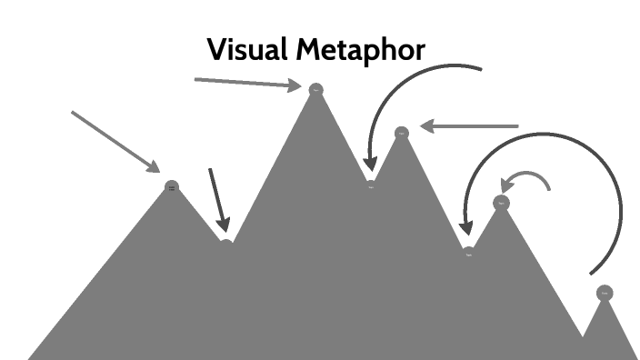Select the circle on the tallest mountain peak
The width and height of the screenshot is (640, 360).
[315, 90]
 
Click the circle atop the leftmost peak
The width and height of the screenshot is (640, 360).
[172, 187]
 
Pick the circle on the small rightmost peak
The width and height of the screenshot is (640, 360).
[604, 293]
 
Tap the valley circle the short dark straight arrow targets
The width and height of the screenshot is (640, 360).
[225, 243]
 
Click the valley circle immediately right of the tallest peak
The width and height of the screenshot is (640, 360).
[370, 185]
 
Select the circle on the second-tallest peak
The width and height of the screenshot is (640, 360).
[401, 134]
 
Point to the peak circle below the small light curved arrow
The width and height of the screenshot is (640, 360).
[501, 203]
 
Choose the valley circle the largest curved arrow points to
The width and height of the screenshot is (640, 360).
[468, 253]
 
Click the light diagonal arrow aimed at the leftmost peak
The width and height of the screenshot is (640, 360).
[114, 140]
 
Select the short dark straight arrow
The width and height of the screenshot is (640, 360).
[216, 197]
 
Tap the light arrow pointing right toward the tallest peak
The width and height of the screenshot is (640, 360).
[245, 83]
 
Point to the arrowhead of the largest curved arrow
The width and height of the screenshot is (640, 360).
[465, 226]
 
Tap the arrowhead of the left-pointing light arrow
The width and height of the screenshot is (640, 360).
[426, 126]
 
